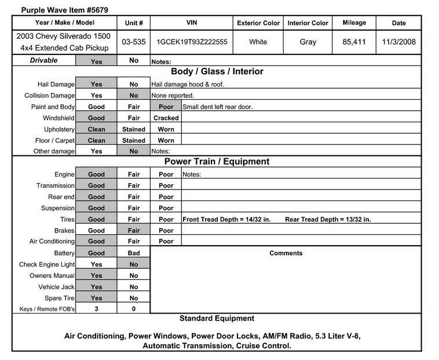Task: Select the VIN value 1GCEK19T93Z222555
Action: click(192, 42)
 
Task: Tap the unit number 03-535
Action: click(134, 42)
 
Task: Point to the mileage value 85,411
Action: click(354, 42)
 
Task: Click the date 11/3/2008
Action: click(399, 42)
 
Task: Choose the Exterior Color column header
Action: click(258, 23)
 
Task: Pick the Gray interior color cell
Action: click(308, 42)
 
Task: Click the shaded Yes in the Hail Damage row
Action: click(96, 84)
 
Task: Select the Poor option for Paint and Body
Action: click(166, 107)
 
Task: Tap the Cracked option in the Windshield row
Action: click(166, 118)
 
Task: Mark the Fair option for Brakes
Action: click(134, 230)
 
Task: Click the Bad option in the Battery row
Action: click(134, 253)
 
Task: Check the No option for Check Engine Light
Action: click(134, 264)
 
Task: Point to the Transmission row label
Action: click(56, 186)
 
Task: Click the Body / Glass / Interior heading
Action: click(217, 72)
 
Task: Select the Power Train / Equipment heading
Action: click(217, 162)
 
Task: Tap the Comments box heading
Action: click(286, 253)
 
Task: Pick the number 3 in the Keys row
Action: click(96, 309)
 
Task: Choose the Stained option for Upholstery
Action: click(134, 129)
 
